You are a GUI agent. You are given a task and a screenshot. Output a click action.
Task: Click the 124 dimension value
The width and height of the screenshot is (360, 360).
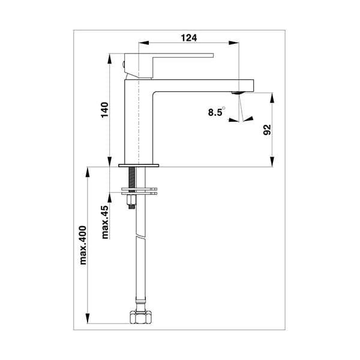(x=188, y=37)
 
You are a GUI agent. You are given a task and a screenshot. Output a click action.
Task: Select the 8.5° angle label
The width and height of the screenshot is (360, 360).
(x=215, y=112)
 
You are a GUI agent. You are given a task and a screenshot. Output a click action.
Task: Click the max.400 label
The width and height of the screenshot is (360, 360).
(x=83, y=245)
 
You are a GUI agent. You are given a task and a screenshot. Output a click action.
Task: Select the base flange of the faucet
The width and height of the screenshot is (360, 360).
(x=139, y=165)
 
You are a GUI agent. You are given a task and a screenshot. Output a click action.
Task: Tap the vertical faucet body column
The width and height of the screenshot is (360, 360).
(x=138, y=120)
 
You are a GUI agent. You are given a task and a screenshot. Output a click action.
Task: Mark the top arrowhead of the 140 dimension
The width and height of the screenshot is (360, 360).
(x=109, y=59)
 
